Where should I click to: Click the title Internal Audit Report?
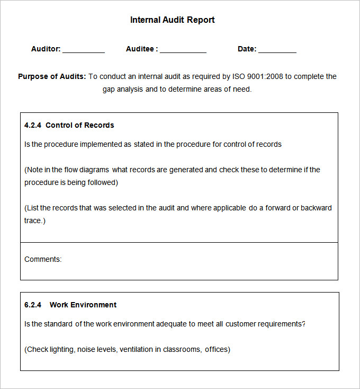[172, 20]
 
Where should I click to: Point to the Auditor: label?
[46, 49]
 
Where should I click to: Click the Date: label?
[247, 49]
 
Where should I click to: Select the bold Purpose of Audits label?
[52, 76]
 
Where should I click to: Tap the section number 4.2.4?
[33, 126]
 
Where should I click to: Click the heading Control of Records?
[80, 126]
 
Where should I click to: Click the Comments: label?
[43, 260]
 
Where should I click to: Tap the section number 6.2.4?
[33, 305]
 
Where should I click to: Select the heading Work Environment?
[83, 305]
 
